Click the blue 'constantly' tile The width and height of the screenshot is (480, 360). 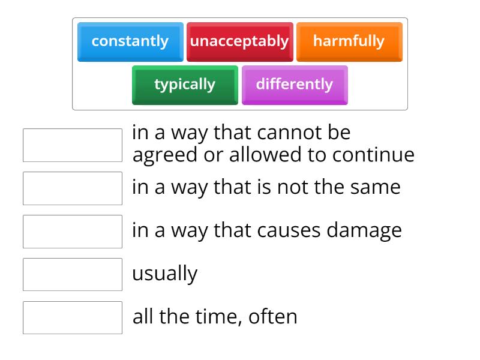(x=130, y=42)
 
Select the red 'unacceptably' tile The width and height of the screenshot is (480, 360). (x=239, y=42)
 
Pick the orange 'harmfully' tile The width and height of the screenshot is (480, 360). (x=349, y=42)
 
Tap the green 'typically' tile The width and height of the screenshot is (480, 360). (x=185, y=85)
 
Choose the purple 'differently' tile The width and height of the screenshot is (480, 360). (x=295, y=85)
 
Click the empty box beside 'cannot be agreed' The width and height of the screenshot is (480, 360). (x=73, y=145)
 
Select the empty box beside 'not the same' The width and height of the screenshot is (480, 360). (x=73, y=188)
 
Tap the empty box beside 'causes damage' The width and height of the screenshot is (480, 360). (x=73, y=232)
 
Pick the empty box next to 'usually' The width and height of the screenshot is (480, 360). (x=73, y=275)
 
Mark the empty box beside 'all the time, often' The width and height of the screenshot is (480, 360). (x=73, y=317)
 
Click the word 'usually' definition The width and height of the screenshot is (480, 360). (x=164, y=274)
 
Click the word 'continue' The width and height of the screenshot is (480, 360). (x=376, y=155)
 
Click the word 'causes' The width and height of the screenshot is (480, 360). (x=291, y=230)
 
